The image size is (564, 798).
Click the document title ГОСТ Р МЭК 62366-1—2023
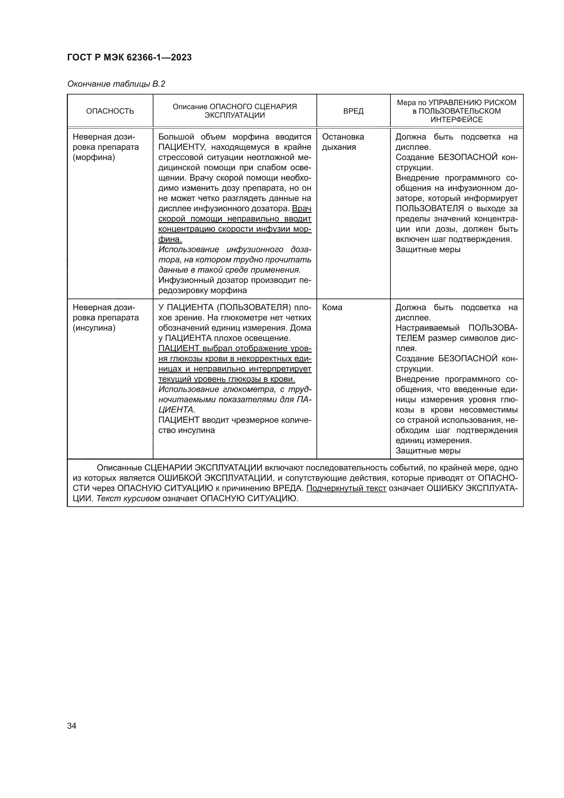[129, 57]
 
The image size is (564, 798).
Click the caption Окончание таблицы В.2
[116, 84]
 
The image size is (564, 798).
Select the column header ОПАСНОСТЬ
[110, 111]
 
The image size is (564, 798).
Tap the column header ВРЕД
[353, 111]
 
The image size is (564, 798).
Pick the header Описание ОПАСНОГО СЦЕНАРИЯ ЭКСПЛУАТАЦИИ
[235, 111]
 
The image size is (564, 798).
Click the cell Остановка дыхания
[343, 142]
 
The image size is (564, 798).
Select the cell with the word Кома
[332, 307]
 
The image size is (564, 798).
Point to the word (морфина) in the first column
[94, 157]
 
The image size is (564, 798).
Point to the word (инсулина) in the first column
[94, 328]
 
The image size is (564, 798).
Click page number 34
[72, 726]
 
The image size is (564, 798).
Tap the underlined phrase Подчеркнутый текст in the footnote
[346, 488]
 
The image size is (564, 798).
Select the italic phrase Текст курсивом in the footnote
[128, 498]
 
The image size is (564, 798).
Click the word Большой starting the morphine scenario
[174, 137]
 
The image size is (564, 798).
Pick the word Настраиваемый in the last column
[428, 328]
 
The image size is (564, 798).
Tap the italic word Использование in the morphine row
[189, 249]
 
